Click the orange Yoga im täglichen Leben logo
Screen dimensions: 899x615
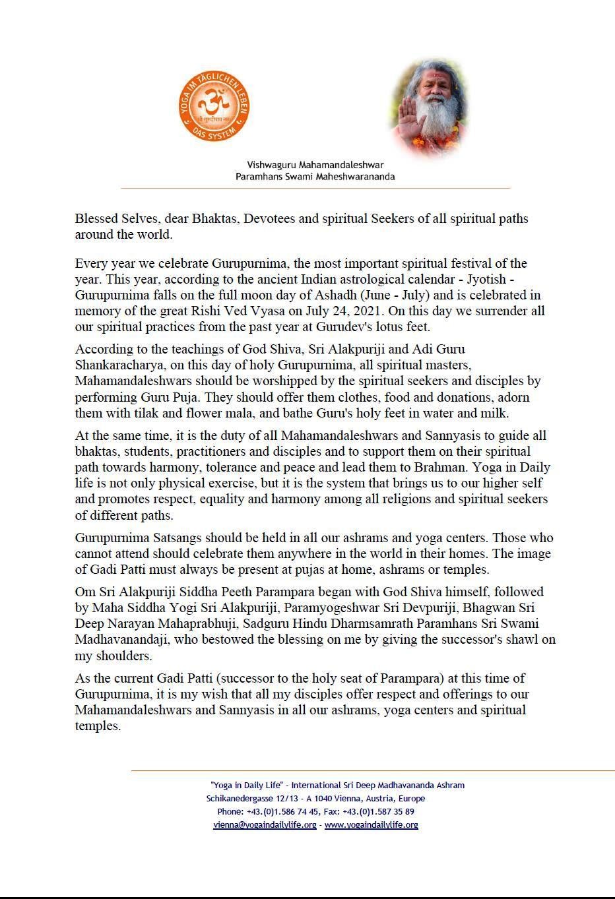[x=214, y=106]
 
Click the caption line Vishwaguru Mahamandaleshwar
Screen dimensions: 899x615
[x=315, y=165]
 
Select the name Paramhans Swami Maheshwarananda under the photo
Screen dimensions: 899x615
[x=315, y=177]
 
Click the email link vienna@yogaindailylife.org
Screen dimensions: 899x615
[x=265, y=825]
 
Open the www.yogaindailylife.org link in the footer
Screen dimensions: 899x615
[x=371, y=825]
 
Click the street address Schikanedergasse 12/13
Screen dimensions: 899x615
[x=250, y=799]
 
